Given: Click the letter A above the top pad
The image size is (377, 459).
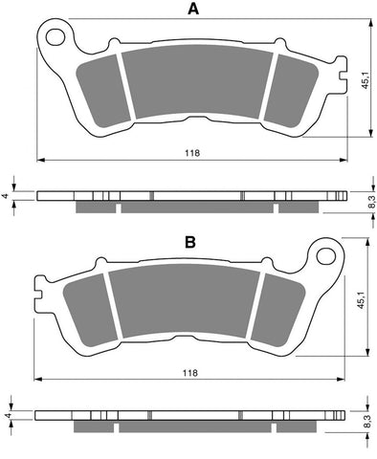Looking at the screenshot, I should tap(193, 10).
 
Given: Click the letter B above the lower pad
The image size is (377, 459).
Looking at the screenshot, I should tap(189, 243).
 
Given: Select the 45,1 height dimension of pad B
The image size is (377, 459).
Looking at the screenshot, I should tap(361, 297).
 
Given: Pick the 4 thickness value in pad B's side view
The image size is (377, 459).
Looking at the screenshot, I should tap(6, 417).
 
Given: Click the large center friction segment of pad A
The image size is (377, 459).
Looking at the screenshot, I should tap(197, 84).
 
